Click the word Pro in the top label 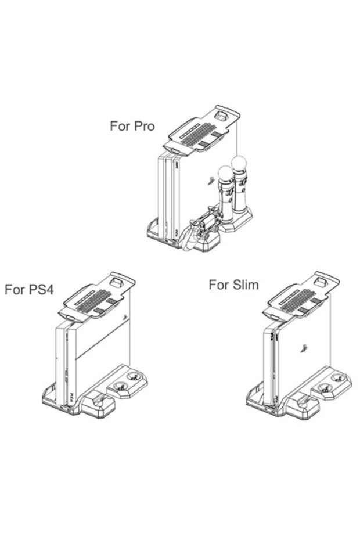(x=144, y=126)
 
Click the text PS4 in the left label (x=41, y=289)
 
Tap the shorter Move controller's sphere (x=226, y=173)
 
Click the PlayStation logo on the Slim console (x=303, y=348)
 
